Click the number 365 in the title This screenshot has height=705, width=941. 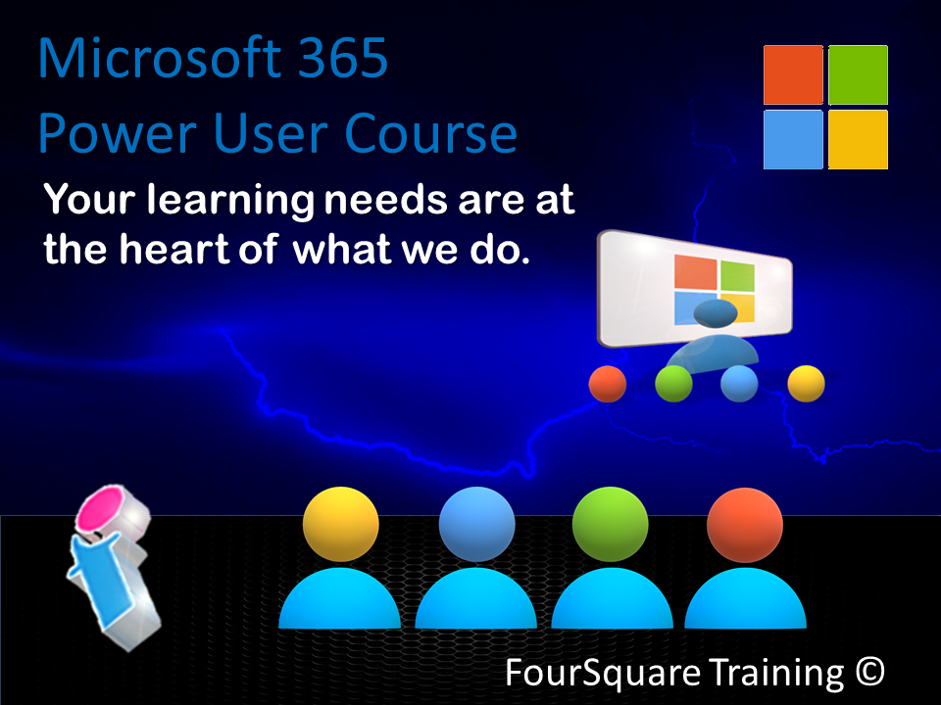[343, 58]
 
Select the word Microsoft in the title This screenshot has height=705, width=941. [160, 58]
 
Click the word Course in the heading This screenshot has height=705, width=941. [430, 133]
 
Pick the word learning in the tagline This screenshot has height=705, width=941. [230, 200]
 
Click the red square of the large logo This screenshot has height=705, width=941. [793, 75]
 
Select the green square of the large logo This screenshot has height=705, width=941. [858, 75]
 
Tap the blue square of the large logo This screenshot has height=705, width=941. [793, 139]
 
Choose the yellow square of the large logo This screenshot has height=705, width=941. [858, 139]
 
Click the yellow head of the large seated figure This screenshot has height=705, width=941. [341, 524]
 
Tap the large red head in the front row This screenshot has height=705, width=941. [745, 525]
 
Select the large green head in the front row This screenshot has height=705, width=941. [611, 524]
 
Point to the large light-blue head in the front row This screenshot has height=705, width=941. [476, 524]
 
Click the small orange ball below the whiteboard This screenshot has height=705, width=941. [608, 384]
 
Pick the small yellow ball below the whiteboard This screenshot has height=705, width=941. [806, 384]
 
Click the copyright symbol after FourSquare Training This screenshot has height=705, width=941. [870, 672]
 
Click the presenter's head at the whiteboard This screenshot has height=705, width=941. [716, 313]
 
